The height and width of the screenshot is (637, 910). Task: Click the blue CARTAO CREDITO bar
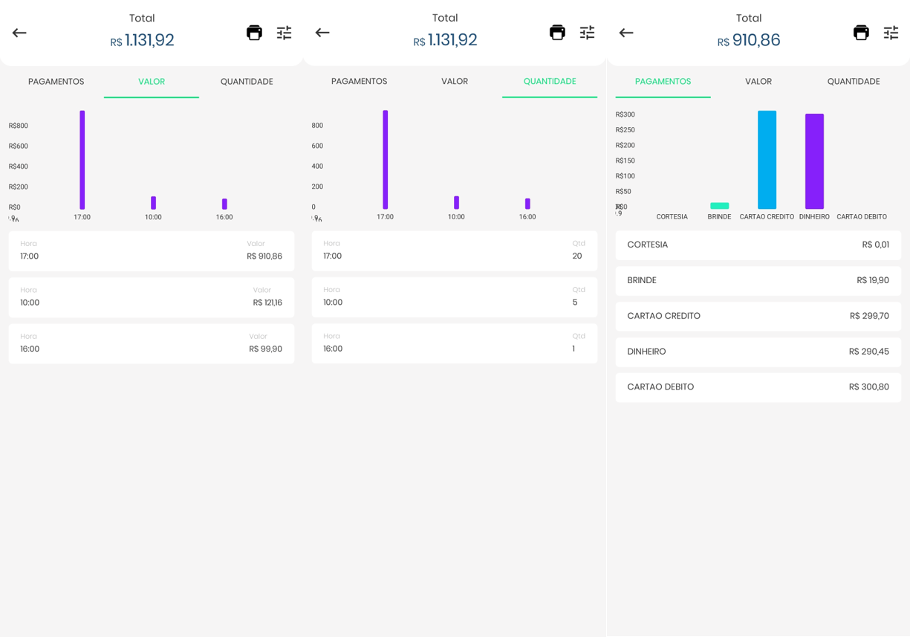pos(767,160)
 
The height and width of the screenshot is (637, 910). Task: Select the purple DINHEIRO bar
pos(814,161)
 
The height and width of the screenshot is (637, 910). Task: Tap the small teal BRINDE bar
pos(719,206)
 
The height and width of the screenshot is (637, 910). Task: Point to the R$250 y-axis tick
pos(625,130)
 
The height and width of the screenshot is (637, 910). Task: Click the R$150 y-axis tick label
pos(625,161)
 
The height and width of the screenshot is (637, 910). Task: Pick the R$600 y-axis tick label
pos(19,146)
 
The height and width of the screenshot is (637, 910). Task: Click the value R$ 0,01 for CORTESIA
pos(875,245)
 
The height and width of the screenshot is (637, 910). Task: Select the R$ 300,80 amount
pos(868,387)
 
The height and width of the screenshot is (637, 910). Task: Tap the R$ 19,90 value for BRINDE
pos(872,280)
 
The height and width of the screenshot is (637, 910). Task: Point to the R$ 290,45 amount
pos(868,352)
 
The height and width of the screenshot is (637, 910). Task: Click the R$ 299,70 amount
pos(869,316)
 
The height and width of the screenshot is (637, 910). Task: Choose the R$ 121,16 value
pos(267,303)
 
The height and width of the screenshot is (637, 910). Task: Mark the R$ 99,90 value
pos(265,349)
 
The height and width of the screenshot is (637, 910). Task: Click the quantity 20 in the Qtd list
pos(577,256)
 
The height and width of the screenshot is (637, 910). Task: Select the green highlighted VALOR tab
pos(152,82)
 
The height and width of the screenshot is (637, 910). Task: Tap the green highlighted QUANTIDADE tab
pos(550,82)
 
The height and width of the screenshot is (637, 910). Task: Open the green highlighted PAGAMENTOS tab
pos(663,82)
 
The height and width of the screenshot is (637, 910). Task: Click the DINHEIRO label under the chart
pos(814,217)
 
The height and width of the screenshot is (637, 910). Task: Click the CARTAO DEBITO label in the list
pos(660,387)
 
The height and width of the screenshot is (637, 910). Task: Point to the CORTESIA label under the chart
pos(672,217)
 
